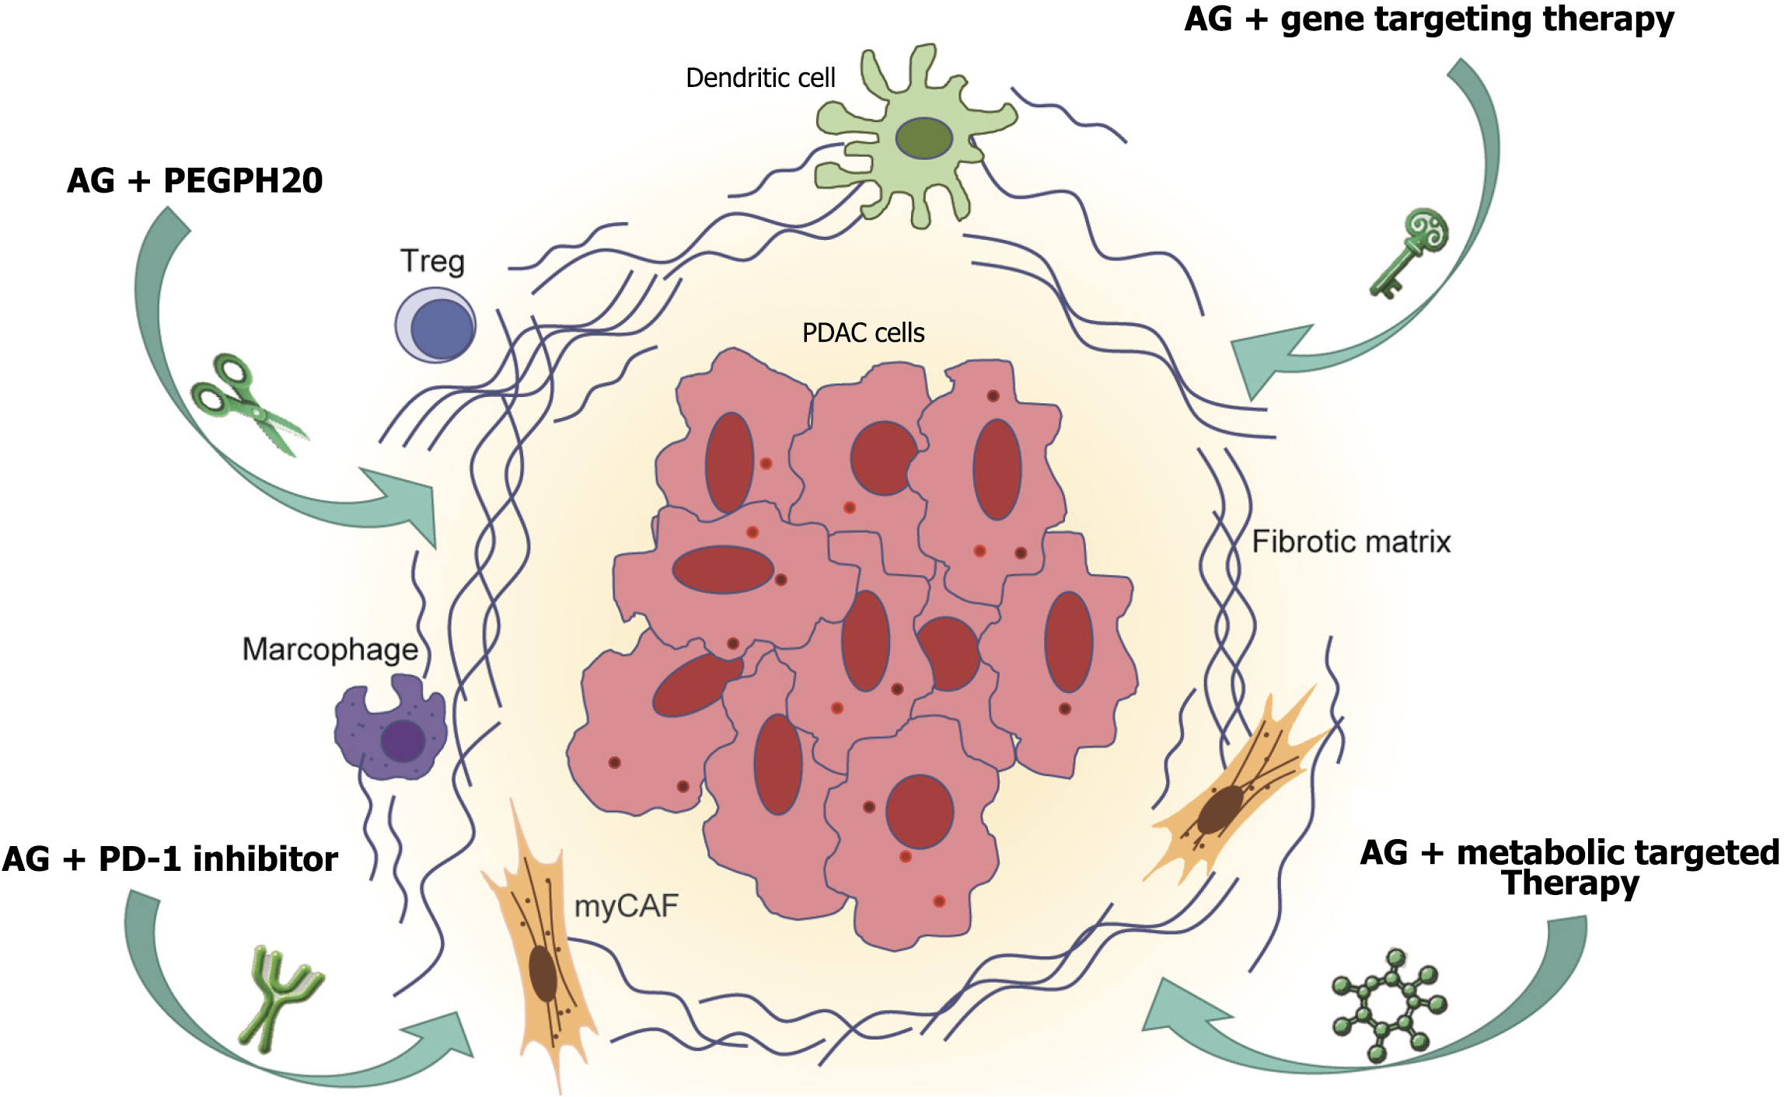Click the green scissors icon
(247, 404)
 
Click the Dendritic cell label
(759, 78)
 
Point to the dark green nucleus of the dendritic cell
(923, 138)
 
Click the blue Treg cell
(436, 326)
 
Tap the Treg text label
(432, 262)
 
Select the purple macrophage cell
(391, 730)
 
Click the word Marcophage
(330, 649)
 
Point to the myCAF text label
(626, 906)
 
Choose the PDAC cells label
(863, 333)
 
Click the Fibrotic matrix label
(1351, 542)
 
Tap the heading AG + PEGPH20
(194, 180)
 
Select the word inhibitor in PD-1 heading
(265, 859)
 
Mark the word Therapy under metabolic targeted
(1570, 883)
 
